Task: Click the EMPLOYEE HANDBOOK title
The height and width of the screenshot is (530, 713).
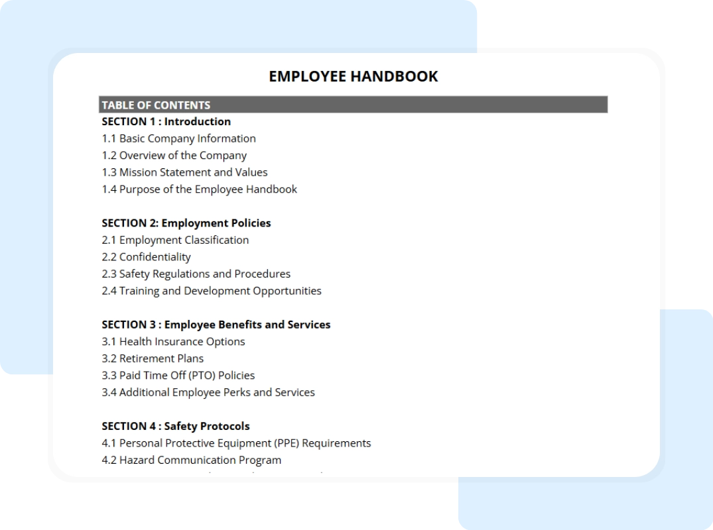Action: coord(353,76)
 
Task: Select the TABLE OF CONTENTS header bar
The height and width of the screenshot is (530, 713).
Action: coord(353,105)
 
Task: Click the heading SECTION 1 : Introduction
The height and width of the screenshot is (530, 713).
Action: coord(166,121)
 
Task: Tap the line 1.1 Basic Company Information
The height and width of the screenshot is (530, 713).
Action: coord(178,138)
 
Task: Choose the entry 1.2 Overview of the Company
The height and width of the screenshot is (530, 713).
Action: coord(174,156)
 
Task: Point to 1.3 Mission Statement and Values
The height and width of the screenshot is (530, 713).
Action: coord(184,172)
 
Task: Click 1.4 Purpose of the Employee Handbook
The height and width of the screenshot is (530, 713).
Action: coord(199,189)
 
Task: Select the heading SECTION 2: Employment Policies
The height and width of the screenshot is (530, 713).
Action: coord(186,223)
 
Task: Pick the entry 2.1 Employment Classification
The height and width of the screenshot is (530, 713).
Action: coord(175,240)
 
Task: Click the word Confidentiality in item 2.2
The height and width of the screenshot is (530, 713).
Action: coord(155,257)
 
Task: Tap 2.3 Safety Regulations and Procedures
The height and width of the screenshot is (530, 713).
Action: coord(196,274)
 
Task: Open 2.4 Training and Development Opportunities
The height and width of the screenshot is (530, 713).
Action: coord(211,291)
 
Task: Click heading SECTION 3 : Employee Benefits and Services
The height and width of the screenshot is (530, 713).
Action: coord(216,325)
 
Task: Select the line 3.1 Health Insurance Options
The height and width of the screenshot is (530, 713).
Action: coord(173,342)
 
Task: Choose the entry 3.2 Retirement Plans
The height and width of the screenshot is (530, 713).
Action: coord(153,358)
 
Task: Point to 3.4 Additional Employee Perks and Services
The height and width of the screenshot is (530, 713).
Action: coord(208,392)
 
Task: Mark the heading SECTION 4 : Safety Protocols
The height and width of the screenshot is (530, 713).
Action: coord(175,426)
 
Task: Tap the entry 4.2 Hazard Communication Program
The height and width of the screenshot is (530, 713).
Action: coord(191,460)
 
